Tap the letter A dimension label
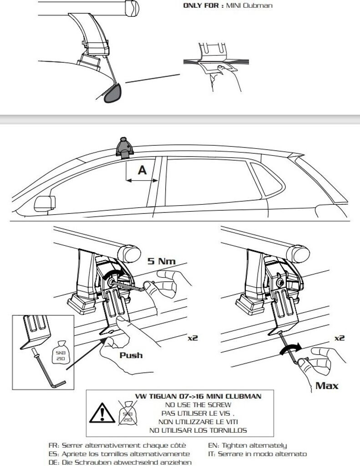point(142,170)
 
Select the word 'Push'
point(131,355)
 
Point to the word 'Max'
point(327,386)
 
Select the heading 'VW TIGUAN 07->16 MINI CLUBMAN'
point(198,396)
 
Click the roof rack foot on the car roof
point(125,147)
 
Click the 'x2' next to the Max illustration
point(339,338)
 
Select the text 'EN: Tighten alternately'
point(248,446)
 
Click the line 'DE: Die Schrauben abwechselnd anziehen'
point(120,462)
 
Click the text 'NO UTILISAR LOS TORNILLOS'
point(198,430)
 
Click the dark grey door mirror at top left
point(111,92)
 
